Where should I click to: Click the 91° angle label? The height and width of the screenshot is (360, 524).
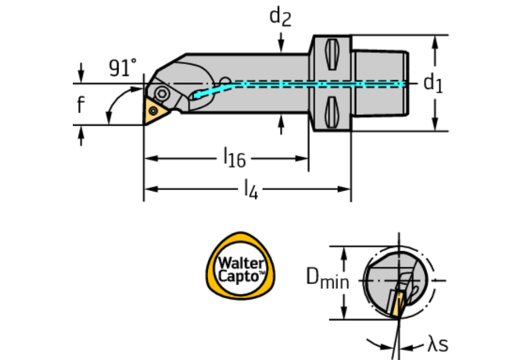(122, 68)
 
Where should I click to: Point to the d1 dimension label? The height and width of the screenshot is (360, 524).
(432, 82)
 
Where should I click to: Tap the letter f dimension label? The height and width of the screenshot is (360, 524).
(81, 104)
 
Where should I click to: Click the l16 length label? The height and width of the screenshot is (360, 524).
(234, 159)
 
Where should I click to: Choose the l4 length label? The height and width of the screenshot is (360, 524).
(249, 188)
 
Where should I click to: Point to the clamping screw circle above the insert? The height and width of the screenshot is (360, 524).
(163, 92)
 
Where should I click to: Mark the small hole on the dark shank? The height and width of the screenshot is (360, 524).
(225, 81)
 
